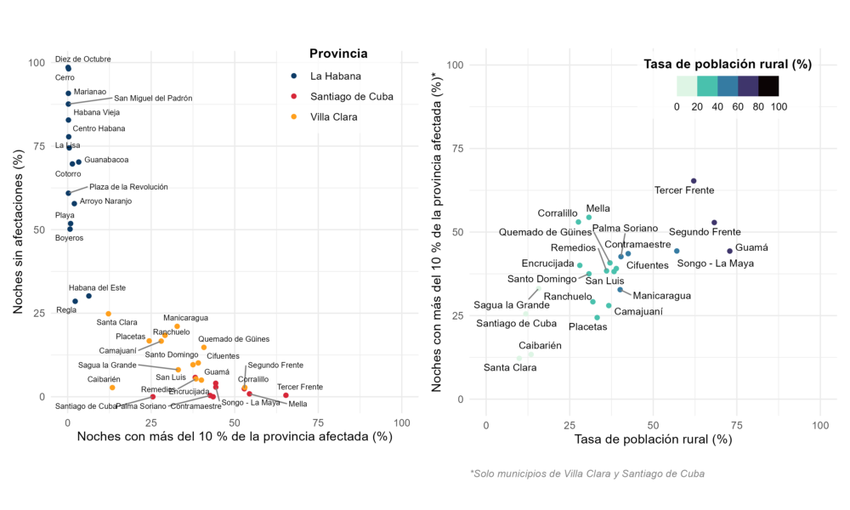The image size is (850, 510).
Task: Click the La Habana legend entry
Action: click(x=332, y=76)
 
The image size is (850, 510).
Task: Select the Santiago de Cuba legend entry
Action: click(x=351, y=96)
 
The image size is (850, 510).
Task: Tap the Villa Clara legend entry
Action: click(x=334, y=116)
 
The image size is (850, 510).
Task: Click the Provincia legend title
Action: click(x=338, y=54)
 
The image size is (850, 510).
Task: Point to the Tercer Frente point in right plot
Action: click(x=694, y=181)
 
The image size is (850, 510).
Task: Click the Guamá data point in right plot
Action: click(x=729, y=251)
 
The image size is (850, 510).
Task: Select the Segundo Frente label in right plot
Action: click(x=705, y=232)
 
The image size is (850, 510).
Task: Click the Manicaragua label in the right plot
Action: click(x=662, y=296)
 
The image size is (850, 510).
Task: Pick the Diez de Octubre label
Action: click(x=83, y=59)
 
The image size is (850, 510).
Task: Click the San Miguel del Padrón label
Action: click(x=153, y=98)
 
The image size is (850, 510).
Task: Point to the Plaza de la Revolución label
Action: click(x=128, y=186)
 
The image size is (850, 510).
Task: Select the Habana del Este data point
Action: click(x=88, y=296)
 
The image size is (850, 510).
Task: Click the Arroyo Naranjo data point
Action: click(x=74, y=203)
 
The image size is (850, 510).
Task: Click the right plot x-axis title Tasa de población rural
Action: click(x=653, y=439)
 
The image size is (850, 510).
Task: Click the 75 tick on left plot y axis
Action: click(x=39, y=146)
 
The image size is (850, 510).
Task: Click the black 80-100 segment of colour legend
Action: click(x=768, y=86)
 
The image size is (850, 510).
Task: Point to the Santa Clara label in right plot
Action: click(x=510, y=367)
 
